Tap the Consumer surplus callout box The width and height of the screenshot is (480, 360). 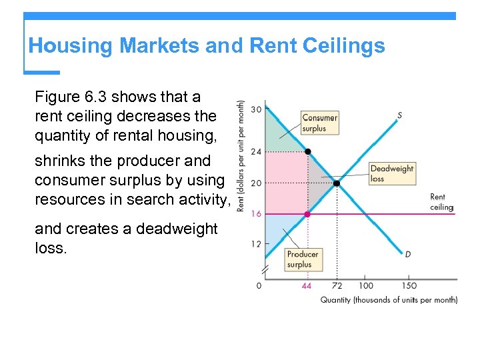(x=319, y=123)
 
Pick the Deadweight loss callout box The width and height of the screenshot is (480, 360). (x=391, y=173)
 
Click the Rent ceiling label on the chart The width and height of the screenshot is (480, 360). (x=441, y=202)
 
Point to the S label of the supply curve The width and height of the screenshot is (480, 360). (x=399, y=115)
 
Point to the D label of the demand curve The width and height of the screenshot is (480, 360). (x=407, y=254)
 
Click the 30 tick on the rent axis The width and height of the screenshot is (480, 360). (x=256, y=109)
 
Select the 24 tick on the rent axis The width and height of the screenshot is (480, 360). (x=256, y=151)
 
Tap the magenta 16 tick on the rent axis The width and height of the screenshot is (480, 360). (x=256, y=213)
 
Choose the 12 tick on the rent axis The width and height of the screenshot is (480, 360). (x=256, y=244)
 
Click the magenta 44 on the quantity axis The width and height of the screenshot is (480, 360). (x=307, y=286)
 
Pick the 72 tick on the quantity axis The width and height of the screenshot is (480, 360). (x=337, y=286)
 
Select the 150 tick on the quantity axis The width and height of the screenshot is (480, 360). (x=409, y=286)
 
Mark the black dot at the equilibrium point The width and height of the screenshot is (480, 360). (x=337, y=183)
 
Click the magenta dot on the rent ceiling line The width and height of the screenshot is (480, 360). (x=307, y=214)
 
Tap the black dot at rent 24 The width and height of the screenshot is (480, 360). (x=307, y=152)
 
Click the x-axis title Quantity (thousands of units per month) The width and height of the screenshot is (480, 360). (x=389, y=300)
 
